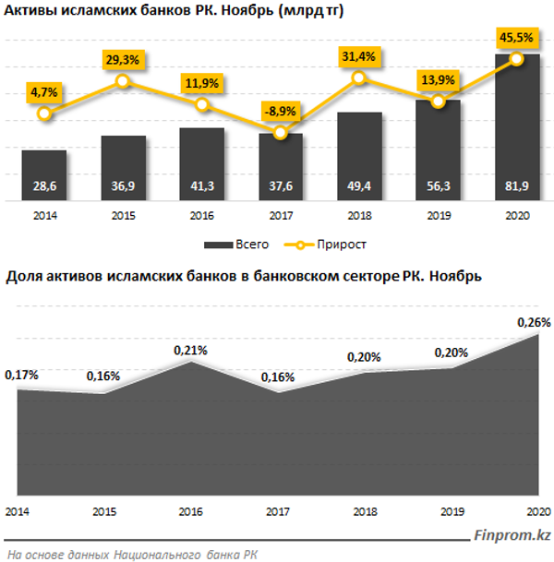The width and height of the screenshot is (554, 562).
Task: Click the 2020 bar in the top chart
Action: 517,129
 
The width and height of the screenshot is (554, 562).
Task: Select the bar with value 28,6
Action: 44,175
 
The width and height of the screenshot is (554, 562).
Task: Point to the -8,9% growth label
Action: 281,109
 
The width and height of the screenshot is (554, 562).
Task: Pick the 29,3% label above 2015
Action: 123,57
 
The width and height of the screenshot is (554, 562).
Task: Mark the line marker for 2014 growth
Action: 44,114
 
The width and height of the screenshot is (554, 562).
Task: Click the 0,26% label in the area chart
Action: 535,323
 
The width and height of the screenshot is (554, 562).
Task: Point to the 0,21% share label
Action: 190,350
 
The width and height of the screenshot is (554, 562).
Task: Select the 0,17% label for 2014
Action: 21,376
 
